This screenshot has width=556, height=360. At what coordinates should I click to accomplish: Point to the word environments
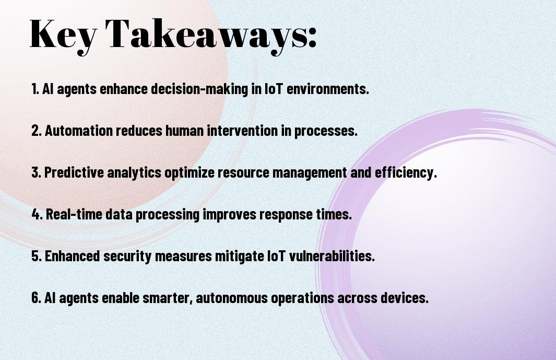pyautogui.click(x=328, y=89)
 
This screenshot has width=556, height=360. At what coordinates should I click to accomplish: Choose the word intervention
pyautogui.click(x=243, y=131)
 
